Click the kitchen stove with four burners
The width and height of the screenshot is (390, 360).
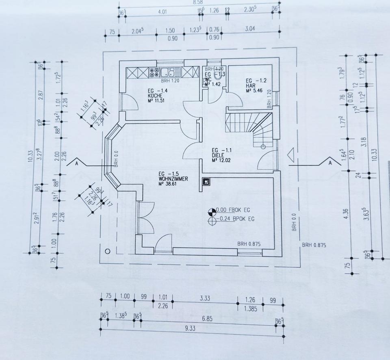154,73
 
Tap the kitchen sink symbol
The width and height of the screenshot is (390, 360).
167,73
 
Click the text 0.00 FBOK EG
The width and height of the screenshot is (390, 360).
233,210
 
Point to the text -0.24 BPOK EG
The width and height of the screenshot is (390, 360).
233,220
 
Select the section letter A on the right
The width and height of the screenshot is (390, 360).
330,163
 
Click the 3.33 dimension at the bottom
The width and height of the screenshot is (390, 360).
205,298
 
